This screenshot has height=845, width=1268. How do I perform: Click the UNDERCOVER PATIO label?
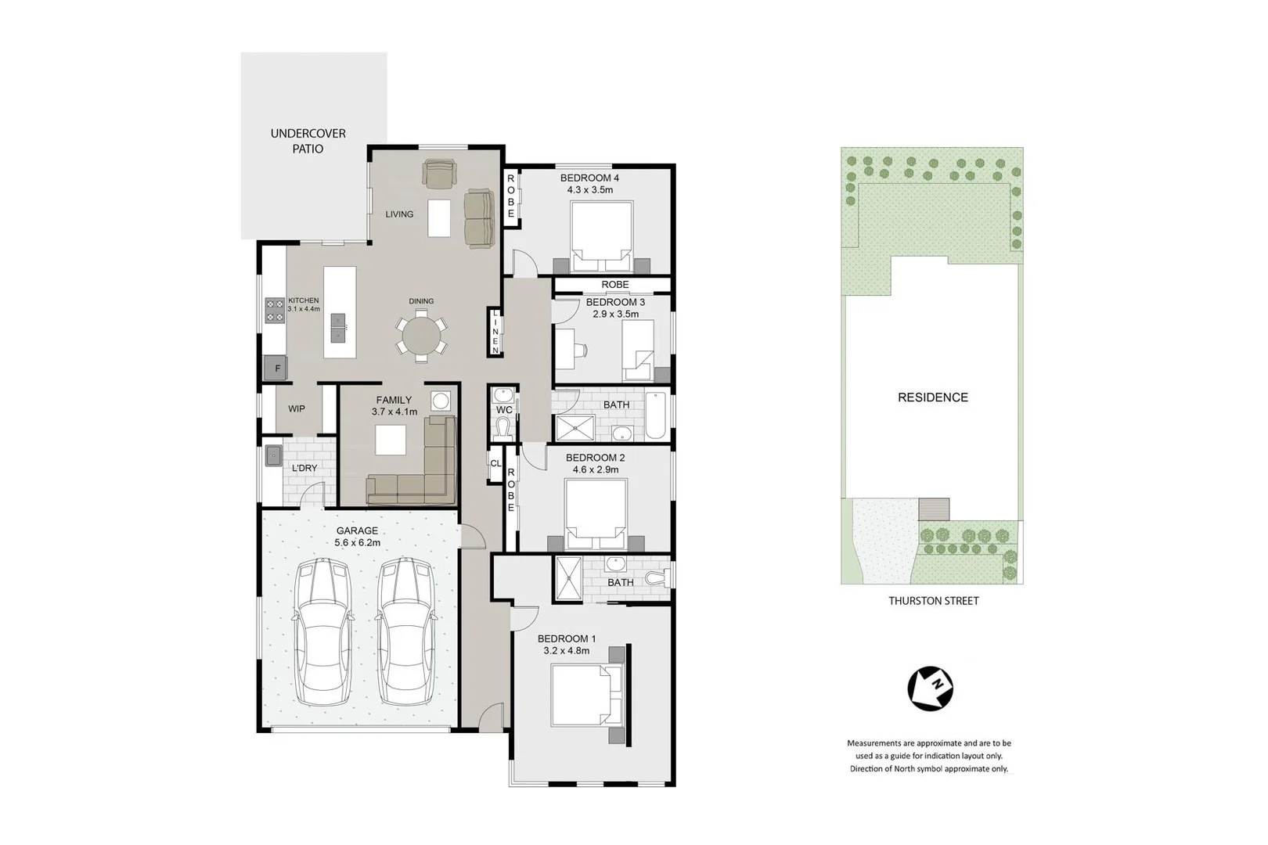pyautogui.click(x=308, y=141)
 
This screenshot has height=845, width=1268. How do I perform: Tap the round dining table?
pyautogui.click(x=421, y=336)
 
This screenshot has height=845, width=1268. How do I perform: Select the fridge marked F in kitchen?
pyautogui.click(x=276, y=368)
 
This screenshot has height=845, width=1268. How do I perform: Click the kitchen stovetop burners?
pyautogui.click(x=275, y=311)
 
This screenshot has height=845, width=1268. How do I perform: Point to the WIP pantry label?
pyautogui.click(x=297, y=408)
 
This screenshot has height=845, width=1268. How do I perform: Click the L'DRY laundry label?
pyautogui.click(x=304, y=468)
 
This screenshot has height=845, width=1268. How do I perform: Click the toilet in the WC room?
pyautogui.click(x=503, y=428)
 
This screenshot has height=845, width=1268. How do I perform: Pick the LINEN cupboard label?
pyautogui.click(x=495, y=332)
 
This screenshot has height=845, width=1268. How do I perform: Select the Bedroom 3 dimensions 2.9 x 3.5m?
pyautogui.click(x=615, y=314)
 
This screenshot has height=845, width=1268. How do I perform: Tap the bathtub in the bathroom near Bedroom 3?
pyautogui.click(x=655, y=415)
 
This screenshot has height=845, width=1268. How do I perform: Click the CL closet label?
pyautogui.click(x=495, y=463)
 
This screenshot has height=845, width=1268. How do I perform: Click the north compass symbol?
pyautogui.click(x=930, y=689)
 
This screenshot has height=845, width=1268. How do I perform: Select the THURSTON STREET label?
pyautogui.click(x=933, y=601)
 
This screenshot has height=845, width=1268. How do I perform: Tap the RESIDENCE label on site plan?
pyautogui.click(x=932, y=397)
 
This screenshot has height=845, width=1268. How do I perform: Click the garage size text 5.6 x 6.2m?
pyautogui.click(x=357, y=542)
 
